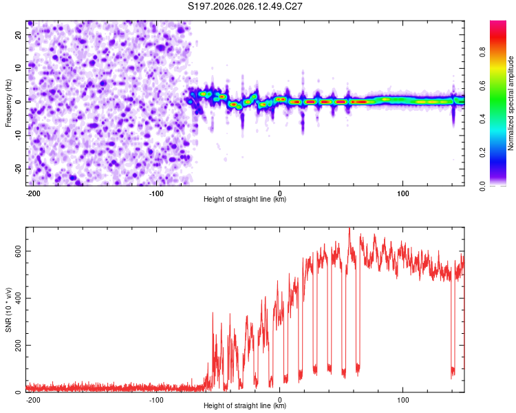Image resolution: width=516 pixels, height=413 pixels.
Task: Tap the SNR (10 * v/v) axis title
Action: click(8, 310)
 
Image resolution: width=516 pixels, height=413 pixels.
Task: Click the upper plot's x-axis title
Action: click(245, 200)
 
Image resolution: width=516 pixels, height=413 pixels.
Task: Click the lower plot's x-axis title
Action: click(245, 406)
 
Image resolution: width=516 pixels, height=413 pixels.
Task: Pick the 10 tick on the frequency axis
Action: click(19, 69)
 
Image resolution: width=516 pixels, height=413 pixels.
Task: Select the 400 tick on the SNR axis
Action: click(17, 298)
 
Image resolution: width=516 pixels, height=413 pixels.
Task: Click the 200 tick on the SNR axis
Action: click(17, 345)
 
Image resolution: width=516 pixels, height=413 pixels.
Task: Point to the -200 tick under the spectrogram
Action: click(32, 192)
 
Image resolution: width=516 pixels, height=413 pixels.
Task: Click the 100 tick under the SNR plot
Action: click(402, 399)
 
